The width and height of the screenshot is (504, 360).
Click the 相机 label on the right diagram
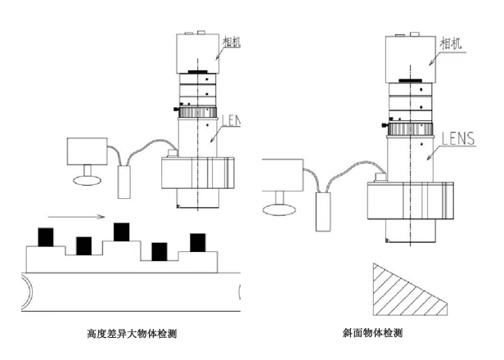click(452, 43)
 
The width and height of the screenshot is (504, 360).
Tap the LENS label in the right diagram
click(457, 138)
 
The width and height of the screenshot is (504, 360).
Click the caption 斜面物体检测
click(373, 334)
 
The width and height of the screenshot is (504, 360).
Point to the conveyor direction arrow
click(75, 217)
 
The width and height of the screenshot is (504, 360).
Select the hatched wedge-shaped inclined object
click(399, 291)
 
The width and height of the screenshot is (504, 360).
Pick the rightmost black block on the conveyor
click(197, 242)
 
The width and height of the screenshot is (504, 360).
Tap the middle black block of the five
click(122, 232)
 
